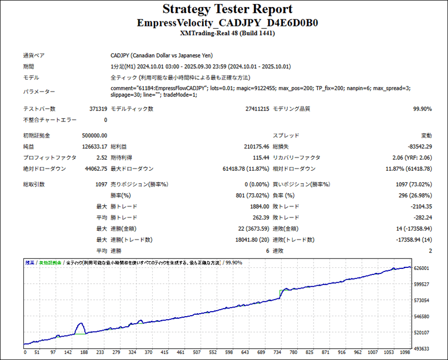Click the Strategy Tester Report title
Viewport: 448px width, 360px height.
227,9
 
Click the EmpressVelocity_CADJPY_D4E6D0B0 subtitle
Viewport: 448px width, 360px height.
227,23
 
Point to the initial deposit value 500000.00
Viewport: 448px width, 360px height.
95,135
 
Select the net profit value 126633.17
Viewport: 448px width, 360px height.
95,146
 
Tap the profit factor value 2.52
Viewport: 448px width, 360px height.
101,157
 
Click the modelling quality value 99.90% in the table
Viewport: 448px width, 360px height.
422,109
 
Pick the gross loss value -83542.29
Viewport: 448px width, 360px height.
419,146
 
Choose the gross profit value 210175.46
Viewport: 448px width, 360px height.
253,146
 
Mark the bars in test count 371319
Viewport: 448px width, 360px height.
97,109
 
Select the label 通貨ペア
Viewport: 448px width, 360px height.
34,56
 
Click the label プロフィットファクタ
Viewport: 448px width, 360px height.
50,157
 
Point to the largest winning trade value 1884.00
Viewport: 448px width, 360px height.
259,206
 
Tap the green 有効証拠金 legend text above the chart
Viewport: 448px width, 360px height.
50,262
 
